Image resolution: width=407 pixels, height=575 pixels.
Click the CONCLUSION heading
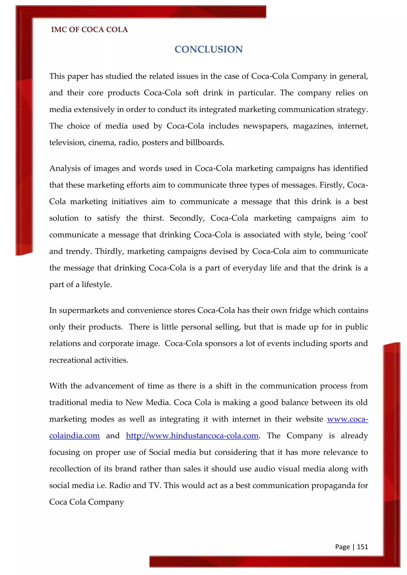208,49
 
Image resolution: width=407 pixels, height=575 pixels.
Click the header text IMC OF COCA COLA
89,30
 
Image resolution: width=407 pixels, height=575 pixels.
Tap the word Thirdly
110,251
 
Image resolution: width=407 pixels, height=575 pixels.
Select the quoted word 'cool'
359,235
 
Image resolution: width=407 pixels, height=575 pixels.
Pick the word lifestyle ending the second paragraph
97,285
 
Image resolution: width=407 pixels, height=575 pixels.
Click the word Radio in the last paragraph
119,485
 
